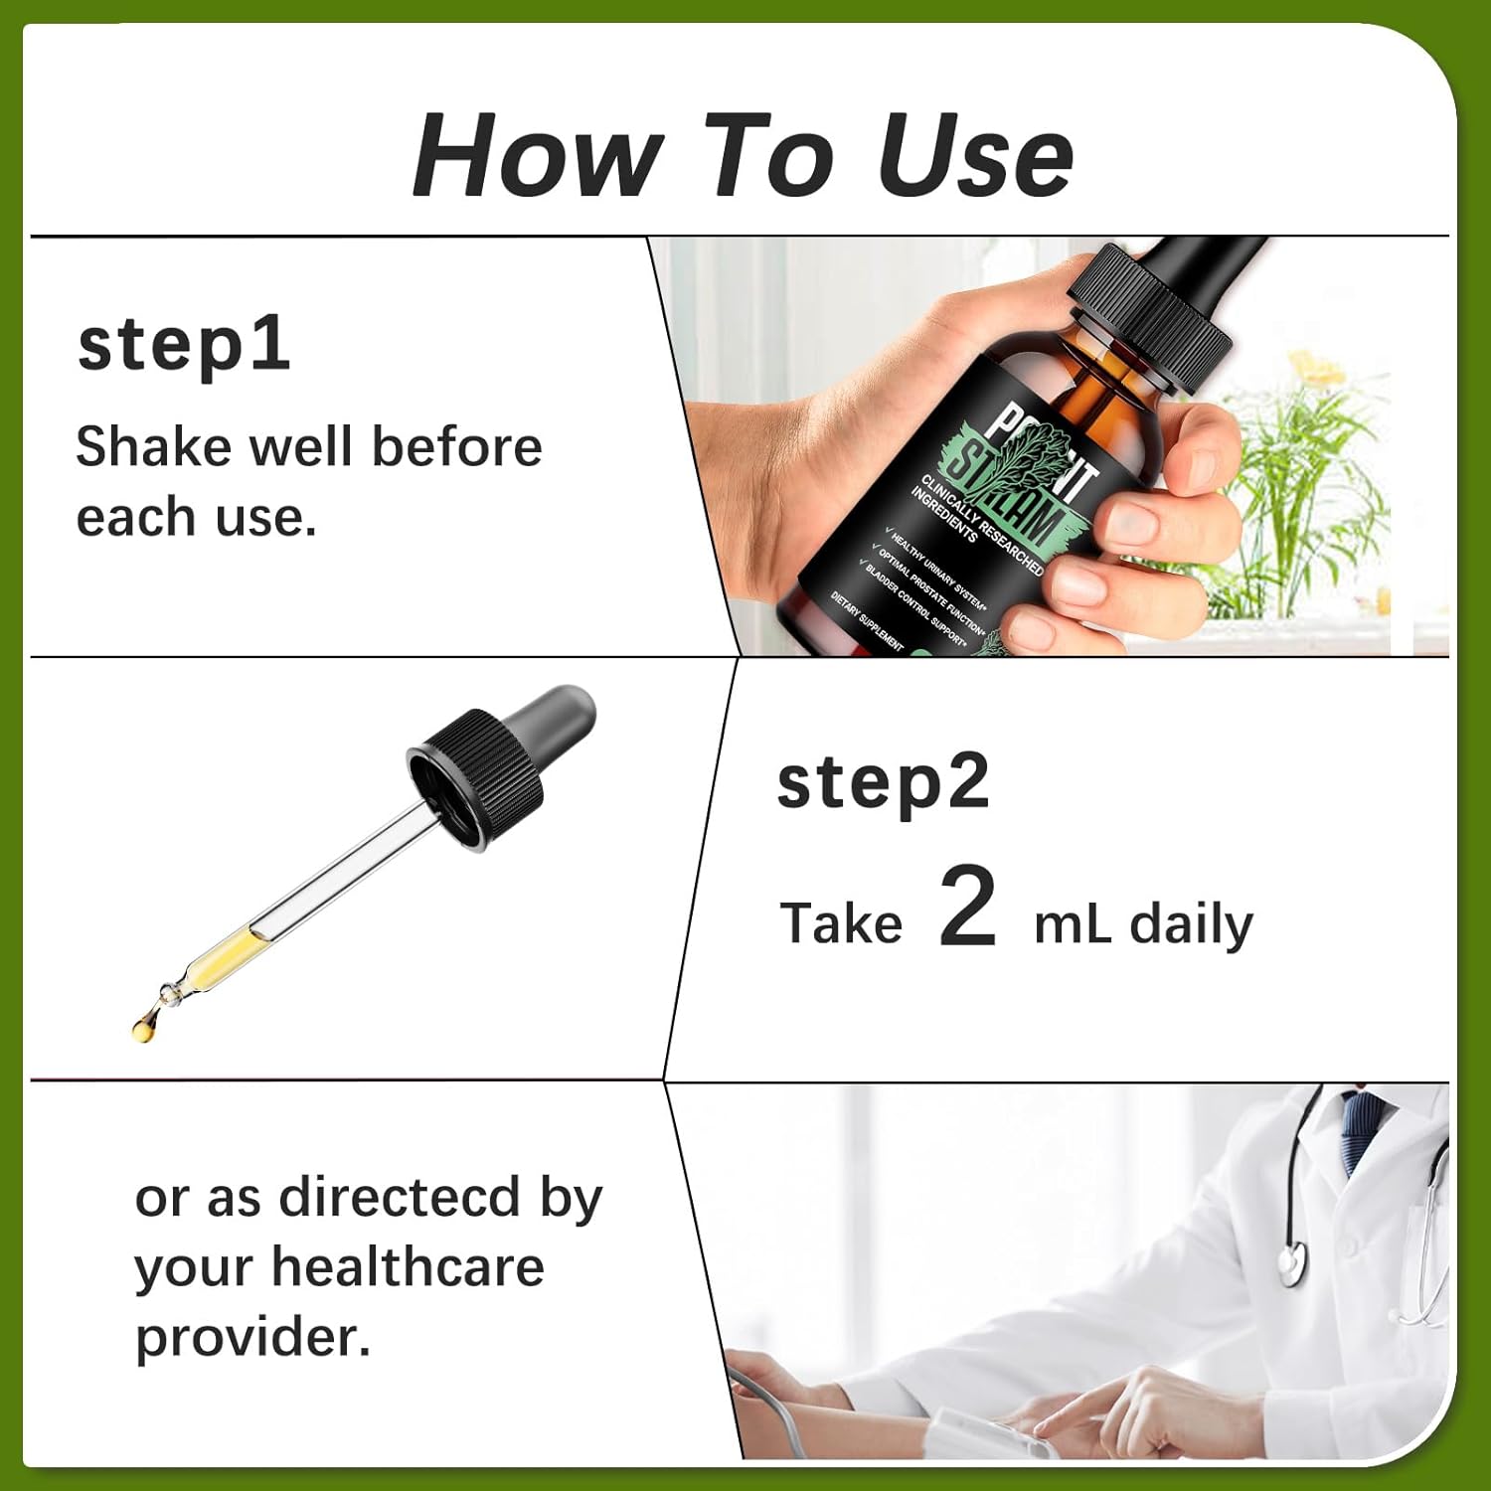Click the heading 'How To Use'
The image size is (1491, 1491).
click(743, 156)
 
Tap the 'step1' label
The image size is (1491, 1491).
click(184, 345)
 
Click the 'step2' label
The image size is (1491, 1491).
click(883, 783)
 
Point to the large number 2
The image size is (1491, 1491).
click(967, 906)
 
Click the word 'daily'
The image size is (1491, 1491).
click(1191, 924)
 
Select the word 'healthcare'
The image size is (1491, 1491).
click(408, 1267)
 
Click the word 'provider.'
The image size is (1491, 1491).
click(252, 1337)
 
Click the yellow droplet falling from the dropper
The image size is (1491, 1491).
click(145, 1024)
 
